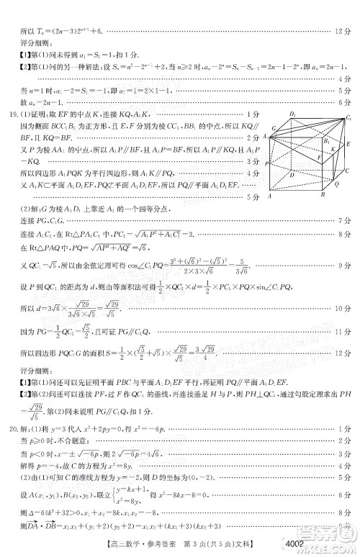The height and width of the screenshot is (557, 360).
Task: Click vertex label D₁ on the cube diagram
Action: (x=292, y=114)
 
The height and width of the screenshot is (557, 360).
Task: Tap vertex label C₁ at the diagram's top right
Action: (x=349, y=116)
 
